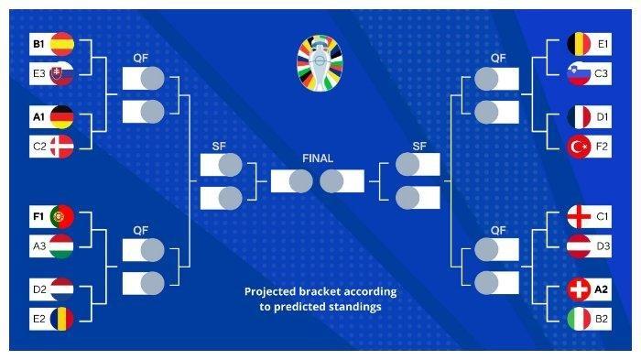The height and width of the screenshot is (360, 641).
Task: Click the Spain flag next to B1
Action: coord(62,44)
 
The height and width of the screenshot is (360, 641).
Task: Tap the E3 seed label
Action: coord(39,73)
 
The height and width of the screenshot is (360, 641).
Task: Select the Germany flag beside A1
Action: coord(62,117)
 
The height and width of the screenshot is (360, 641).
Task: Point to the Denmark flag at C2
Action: coord(62,146)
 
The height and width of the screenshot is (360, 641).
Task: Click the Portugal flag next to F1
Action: coord(62,216)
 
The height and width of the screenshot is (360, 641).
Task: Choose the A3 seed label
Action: coord(39,246)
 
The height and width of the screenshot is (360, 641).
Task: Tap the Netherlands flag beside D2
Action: coord(62,289)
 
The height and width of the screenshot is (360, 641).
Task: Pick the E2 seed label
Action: coord(39,319)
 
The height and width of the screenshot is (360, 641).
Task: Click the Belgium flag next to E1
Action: coord(579,44)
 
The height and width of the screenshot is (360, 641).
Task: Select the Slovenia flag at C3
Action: coord(579,73)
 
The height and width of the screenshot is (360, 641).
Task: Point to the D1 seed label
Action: coord(603,117)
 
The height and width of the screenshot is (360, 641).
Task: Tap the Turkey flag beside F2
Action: coord(579,146)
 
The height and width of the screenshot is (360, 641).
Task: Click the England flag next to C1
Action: coord(579,216)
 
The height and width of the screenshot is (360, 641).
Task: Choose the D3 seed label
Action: coord(603,246)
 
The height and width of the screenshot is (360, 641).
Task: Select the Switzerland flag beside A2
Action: coord(579,289)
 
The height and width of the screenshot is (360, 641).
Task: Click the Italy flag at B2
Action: coord(579,319)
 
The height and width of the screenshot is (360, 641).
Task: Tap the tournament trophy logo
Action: coord(320,62)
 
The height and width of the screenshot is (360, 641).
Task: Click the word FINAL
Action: coord(318,158)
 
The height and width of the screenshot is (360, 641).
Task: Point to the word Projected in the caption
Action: coord(270,292)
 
